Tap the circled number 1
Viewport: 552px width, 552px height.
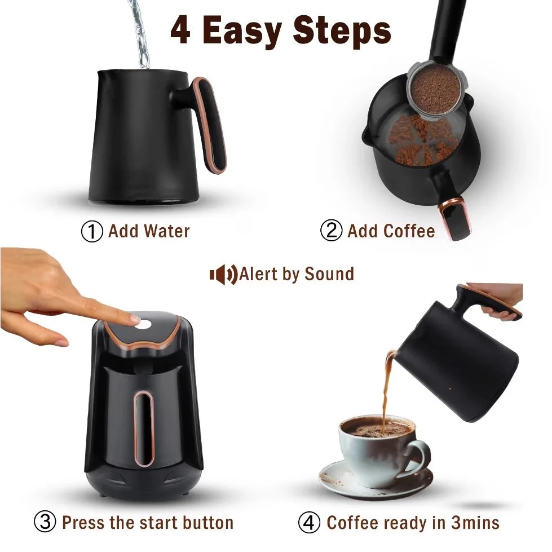coord(92,232)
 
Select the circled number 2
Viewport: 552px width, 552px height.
coord(332,231)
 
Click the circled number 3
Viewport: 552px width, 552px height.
coord(46,522)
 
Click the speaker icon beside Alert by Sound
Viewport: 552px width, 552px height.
coord(223,275)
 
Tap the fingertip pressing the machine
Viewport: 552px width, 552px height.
coord(134,319)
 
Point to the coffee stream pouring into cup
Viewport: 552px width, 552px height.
coord(387,389)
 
